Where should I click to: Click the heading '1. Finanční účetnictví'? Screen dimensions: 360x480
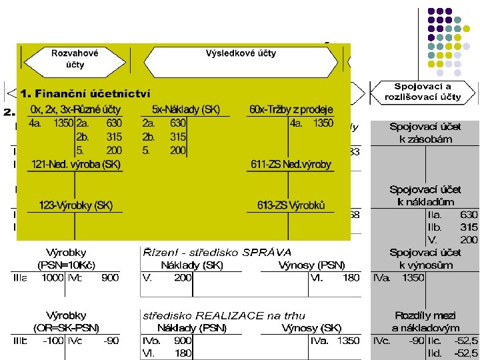point(85,93)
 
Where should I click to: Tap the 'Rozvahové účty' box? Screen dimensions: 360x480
point(75,58)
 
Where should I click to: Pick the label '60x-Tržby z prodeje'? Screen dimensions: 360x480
point(291,109)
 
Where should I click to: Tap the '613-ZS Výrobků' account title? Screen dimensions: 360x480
point(291,205)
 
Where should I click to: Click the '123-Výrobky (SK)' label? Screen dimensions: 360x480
point(75,205)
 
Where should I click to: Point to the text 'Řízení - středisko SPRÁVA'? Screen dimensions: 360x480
point(217,252)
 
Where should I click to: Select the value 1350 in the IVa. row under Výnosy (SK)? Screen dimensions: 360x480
point(347,341)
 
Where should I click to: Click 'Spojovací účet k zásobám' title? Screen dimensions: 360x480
point(425,133)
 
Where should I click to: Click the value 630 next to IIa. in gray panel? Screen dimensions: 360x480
point(469,215)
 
